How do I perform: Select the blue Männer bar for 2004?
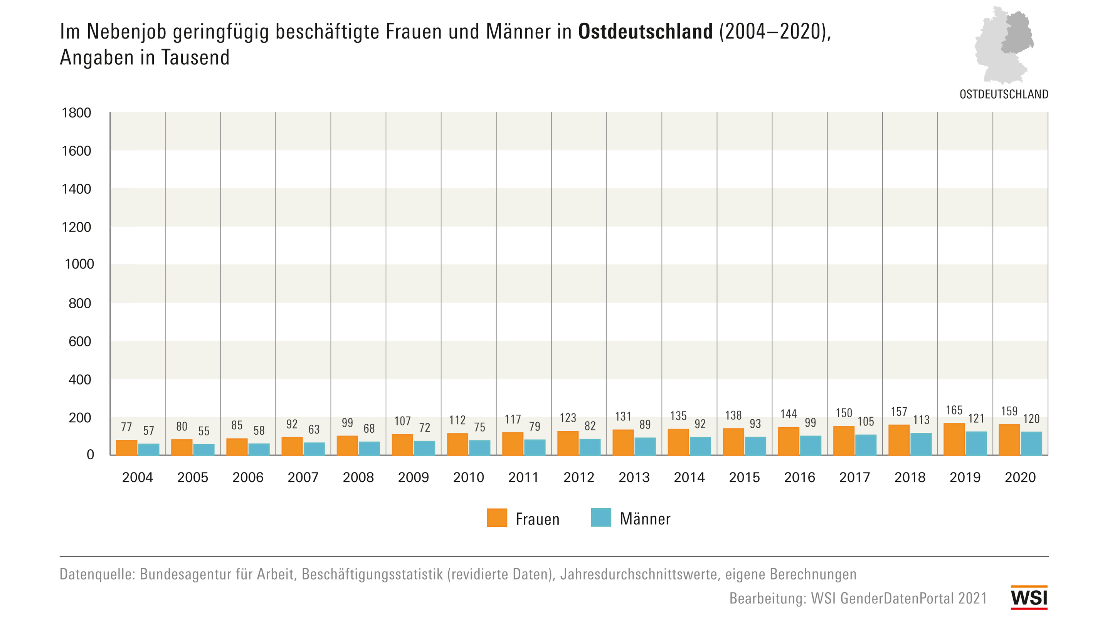(149, 449)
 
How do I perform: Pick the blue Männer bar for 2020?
(1031, 444)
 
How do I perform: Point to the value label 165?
(954, 410)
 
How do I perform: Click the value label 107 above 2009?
(402, 421)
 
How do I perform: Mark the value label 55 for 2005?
(203, 431)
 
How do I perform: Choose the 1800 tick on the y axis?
(76, 113)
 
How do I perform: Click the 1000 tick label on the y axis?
(79, 264)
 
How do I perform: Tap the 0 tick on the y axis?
(90, 455)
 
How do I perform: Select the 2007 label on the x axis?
(303, 477)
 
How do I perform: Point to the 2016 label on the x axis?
(799, 477)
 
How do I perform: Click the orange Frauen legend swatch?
(497, 518)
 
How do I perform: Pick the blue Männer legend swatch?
(601, 518)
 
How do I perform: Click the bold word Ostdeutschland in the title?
(645, 32)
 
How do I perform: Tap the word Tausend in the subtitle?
(195, 57)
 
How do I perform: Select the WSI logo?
(1029, 598)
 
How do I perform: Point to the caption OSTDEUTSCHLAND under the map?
(1004, 94)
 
